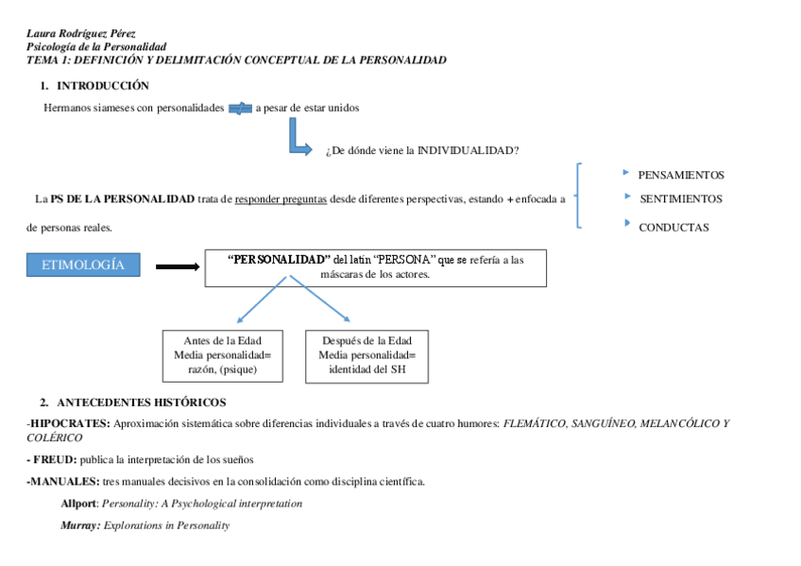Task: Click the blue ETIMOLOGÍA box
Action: pyautogui.click(x=83, y=265)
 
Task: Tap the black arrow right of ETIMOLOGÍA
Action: pyautogui.click(x=177, y=266)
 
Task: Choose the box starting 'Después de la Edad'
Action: pyautogui.click(x=366, y=355)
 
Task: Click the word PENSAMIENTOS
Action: pyautogui.click(x=681, y=175)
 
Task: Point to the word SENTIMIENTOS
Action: pyautogui.click(x=681, y=198)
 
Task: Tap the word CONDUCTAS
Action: pyautogui.click(x=673, y=227)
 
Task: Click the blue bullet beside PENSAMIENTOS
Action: pyautogui.click(x=626, y=173)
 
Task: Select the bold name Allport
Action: pyautogui.click(x=79, y=504)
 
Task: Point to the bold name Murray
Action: pyautogui.click(x=80, y=525)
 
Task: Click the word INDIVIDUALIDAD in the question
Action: pyautogui.click(x=467, y=150)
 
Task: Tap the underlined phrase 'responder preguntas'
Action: pyautogui.click(x=281, y=198)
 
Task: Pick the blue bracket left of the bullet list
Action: pyautogui.click(x=578, y=196)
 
